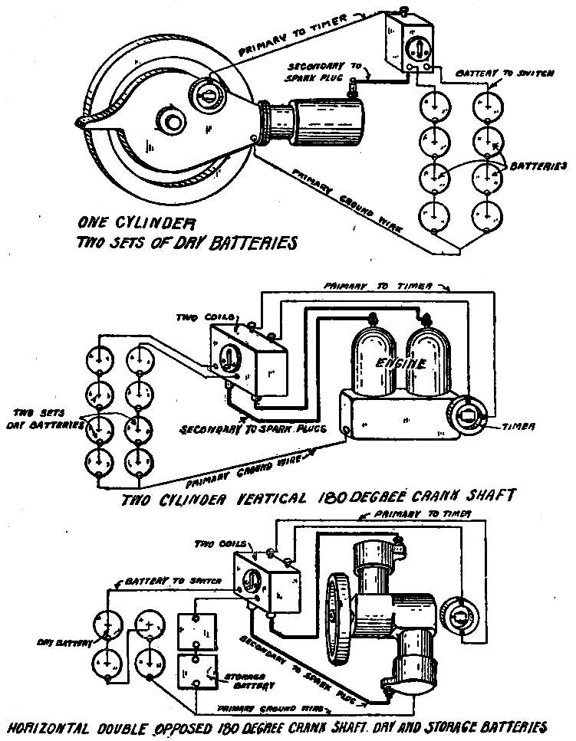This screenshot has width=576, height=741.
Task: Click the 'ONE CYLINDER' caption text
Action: (137, 225)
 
